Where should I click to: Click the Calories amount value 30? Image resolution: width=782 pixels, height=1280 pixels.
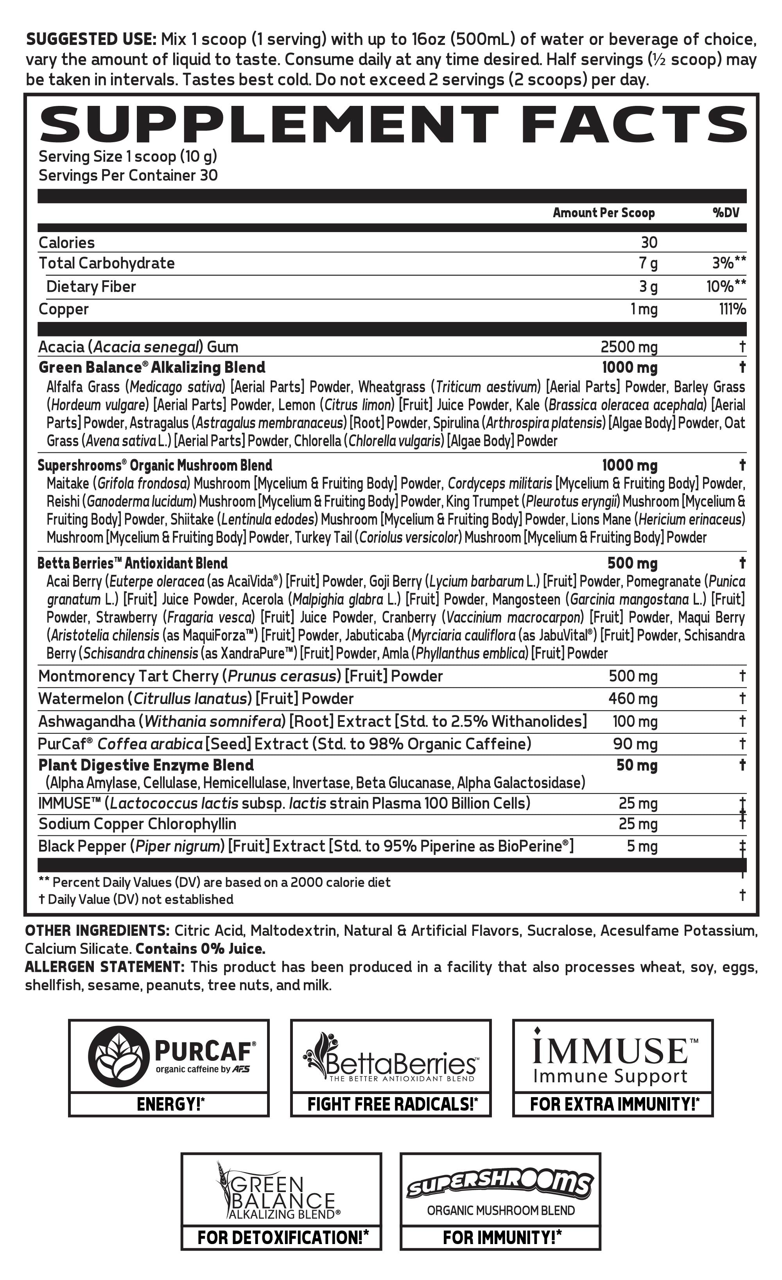[x=649, y=243]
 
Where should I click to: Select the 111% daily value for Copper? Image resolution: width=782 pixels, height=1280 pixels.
[x=732, y=309]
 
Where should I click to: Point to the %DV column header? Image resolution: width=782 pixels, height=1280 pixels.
[x=725, y=213]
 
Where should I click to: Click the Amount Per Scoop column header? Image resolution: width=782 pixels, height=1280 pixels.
[x=603, y=213]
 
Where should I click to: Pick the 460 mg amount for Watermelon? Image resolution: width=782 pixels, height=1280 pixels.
[x=633, y=699]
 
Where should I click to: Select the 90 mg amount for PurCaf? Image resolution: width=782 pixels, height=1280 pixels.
[x=635, y=744]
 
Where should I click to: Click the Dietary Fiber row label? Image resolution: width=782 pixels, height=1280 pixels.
[x=91, y=287]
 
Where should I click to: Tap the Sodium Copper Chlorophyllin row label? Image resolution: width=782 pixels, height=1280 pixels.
[x=137, y=824]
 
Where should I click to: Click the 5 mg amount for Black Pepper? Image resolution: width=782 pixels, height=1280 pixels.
[x=642, y=846]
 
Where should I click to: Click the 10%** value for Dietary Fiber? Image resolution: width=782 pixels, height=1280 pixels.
[x=726, y=287]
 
